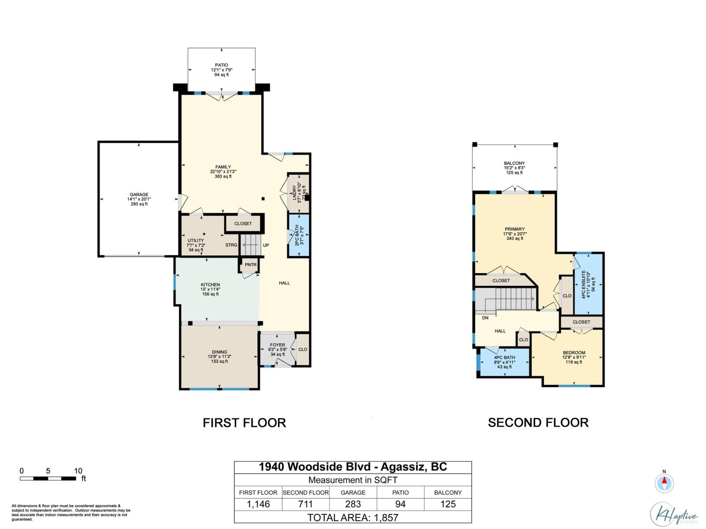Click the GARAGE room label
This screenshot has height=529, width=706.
click(x=139, y=195)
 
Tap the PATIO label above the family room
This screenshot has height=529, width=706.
click(x=222, y=65)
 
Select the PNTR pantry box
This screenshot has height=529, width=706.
click(x=250, y=265)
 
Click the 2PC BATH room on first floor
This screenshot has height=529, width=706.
click(x=299, y=235)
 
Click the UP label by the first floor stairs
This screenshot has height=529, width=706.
click(x=266, y=246)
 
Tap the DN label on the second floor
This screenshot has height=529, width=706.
click(x=485, y=318)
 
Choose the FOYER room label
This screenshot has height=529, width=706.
click(x=278, y=345)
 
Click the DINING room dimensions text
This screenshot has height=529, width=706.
click(x=219, y=357)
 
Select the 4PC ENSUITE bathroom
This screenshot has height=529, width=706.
click(x=588, y=284)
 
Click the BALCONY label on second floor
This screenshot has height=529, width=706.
click(x=514, y=163)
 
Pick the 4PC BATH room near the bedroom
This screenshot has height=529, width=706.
click(x=504, y=362)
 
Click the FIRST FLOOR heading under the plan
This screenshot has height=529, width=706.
click(x=244, y=423)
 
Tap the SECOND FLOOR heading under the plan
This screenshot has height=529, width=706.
click(x=538, y=423)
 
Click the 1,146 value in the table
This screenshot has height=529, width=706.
click(x=258, y=504)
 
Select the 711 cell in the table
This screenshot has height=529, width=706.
click(x=305, y=504)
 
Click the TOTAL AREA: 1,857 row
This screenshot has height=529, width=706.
click(x=353, y=518)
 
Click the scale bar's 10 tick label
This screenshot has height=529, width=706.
click(x=78, y=471)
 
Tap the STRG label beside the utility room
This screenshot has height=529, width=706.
click(x=231, y=245)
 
